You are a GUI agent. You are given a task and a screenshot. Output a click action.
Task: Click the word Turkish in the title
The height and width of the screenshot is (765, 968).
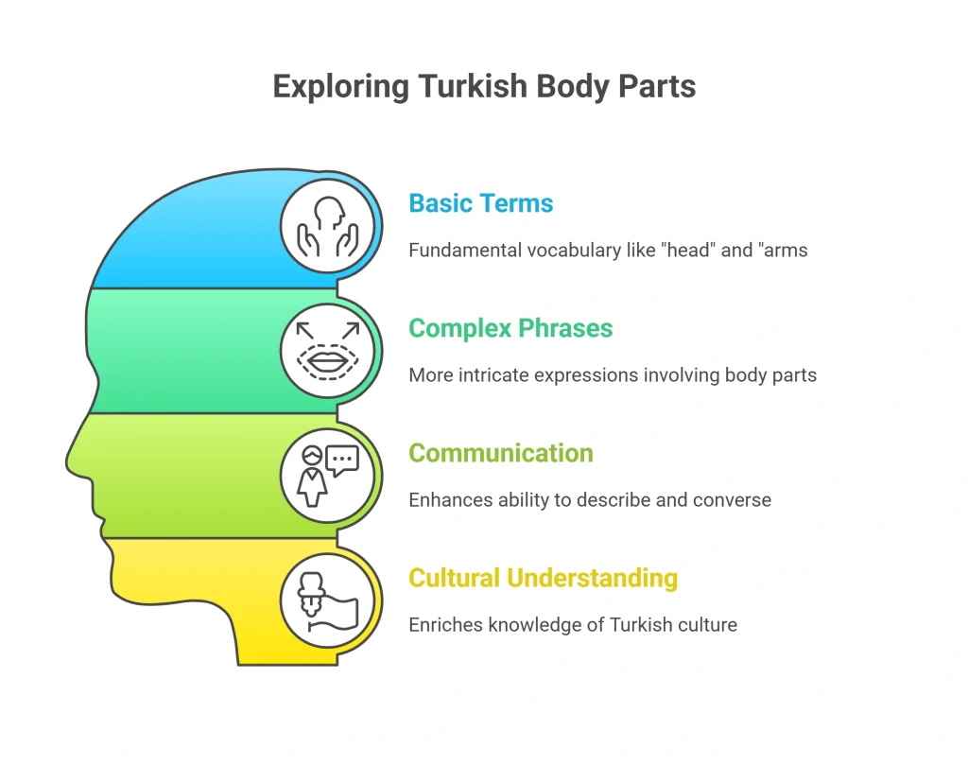473,86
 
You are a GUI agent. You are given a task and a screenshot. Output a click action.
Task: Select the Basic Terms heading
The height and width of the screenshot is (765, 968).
481,203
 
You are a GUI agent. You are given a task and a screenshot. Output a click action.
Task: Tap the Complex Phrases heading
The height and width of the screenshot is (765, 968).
510,328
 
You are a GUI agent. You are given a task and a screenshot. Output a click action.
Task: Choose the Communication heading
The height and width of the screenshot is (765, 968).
501,453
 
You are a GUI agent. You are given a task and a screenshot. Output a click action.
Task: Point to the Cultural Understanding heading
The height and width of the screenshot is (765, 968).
544,578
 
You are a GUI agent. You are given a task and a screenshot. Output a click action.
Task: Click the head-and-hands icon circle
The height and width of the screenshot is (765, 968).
328,226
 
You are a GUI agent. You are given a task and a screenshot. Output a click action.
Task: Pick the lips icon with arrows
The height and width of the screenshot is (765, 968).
328,351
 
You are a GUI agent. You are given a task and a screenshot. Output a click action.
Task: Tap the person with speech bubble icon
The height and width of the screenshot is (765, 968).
328,476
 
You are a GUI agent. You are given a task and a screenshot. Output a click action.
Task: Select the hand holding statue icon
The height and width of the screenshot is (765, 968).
328,600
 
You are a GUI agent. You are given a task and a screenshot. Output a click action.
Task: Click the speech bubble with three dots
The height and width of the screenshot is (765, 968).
342,460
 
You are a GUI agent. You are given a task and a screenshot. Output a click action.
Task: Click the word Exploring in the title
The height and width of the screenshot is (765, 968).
340,87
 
